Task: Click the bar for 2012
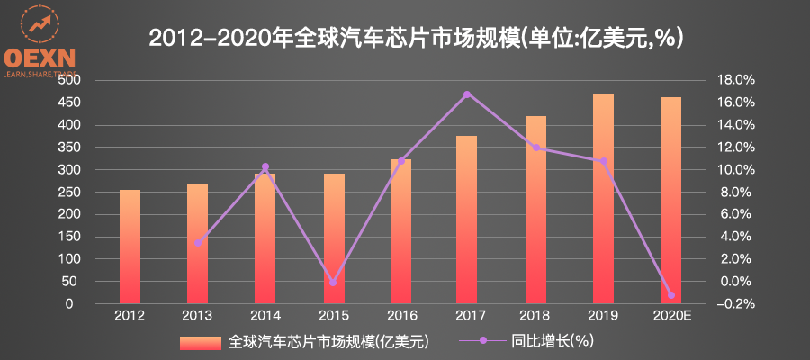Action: point(130,247)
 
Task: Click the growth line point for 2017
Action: point(467,94)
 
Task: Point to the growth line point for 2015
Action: point(332,282)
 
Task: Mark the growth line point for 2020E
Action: point(670,295)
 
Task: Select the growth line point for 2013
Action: point(197,243)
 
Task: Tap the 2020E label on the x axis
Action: point(670,316)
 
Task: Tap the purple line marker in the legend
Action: point(482,342)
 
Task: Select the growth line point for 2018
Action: point(535,148)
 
